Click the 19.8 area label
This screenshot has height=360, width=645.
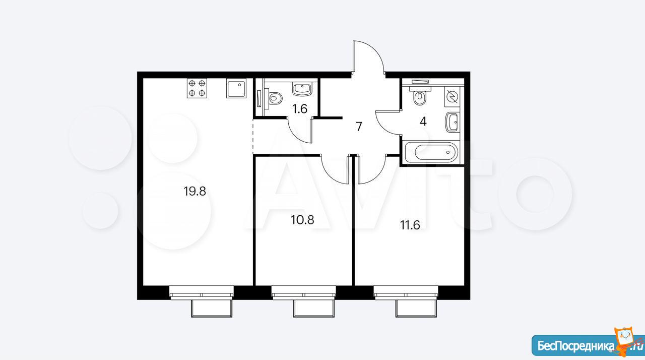[x=195, y=191]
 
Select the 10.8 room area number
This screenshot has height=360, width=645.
[x=302, y=220]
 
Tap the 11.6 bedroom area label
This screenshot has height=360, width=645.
[x=410, y=225]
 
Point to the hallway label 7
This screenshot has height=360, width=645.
[x=359, y=127]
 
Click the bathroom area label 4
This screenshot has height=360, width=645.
[x=423, y=122]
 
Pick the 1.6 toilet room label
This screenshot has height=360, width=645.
[x=300, y=109]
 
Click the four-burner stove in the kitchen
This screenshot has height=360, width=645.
[x=197, y=88]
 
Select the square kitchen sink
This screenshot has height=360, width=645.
[x=236, y=88]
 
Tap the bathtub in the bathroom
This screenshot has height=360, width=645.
[x=432, y=152]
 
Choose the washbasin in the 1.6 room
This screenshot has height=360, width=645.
[x=302, y=89]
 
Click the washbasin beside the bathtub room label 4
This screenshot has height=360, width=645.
[x=452, y=123]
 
